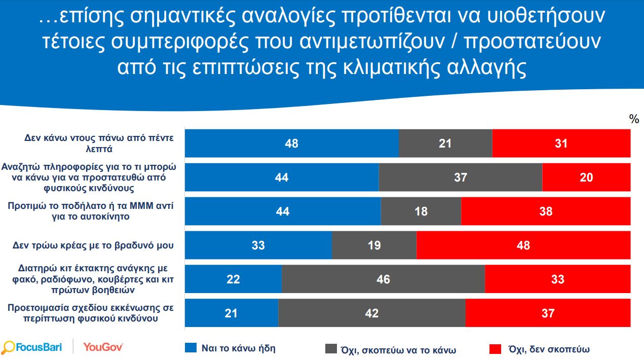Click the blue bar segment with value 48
291,143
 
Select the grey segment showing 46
383,279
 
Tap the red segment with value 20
586,177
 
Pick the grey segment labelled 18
421,211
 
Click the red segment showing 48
523,245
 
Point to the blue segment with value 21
231,313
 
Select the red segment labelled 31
561,143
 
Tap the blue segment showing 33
258,245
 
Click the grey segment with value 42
371,313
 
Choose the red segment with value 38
546,211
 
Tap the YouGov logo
103,347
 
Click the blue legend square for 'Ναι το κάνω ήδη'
191,348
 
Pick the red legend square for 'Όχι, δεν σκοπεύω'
495,349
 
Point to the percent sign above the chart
634,119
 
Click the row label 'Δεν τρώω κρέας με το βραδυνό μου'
93,245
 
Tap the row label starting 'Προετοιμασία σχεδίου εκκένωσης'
93,313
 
